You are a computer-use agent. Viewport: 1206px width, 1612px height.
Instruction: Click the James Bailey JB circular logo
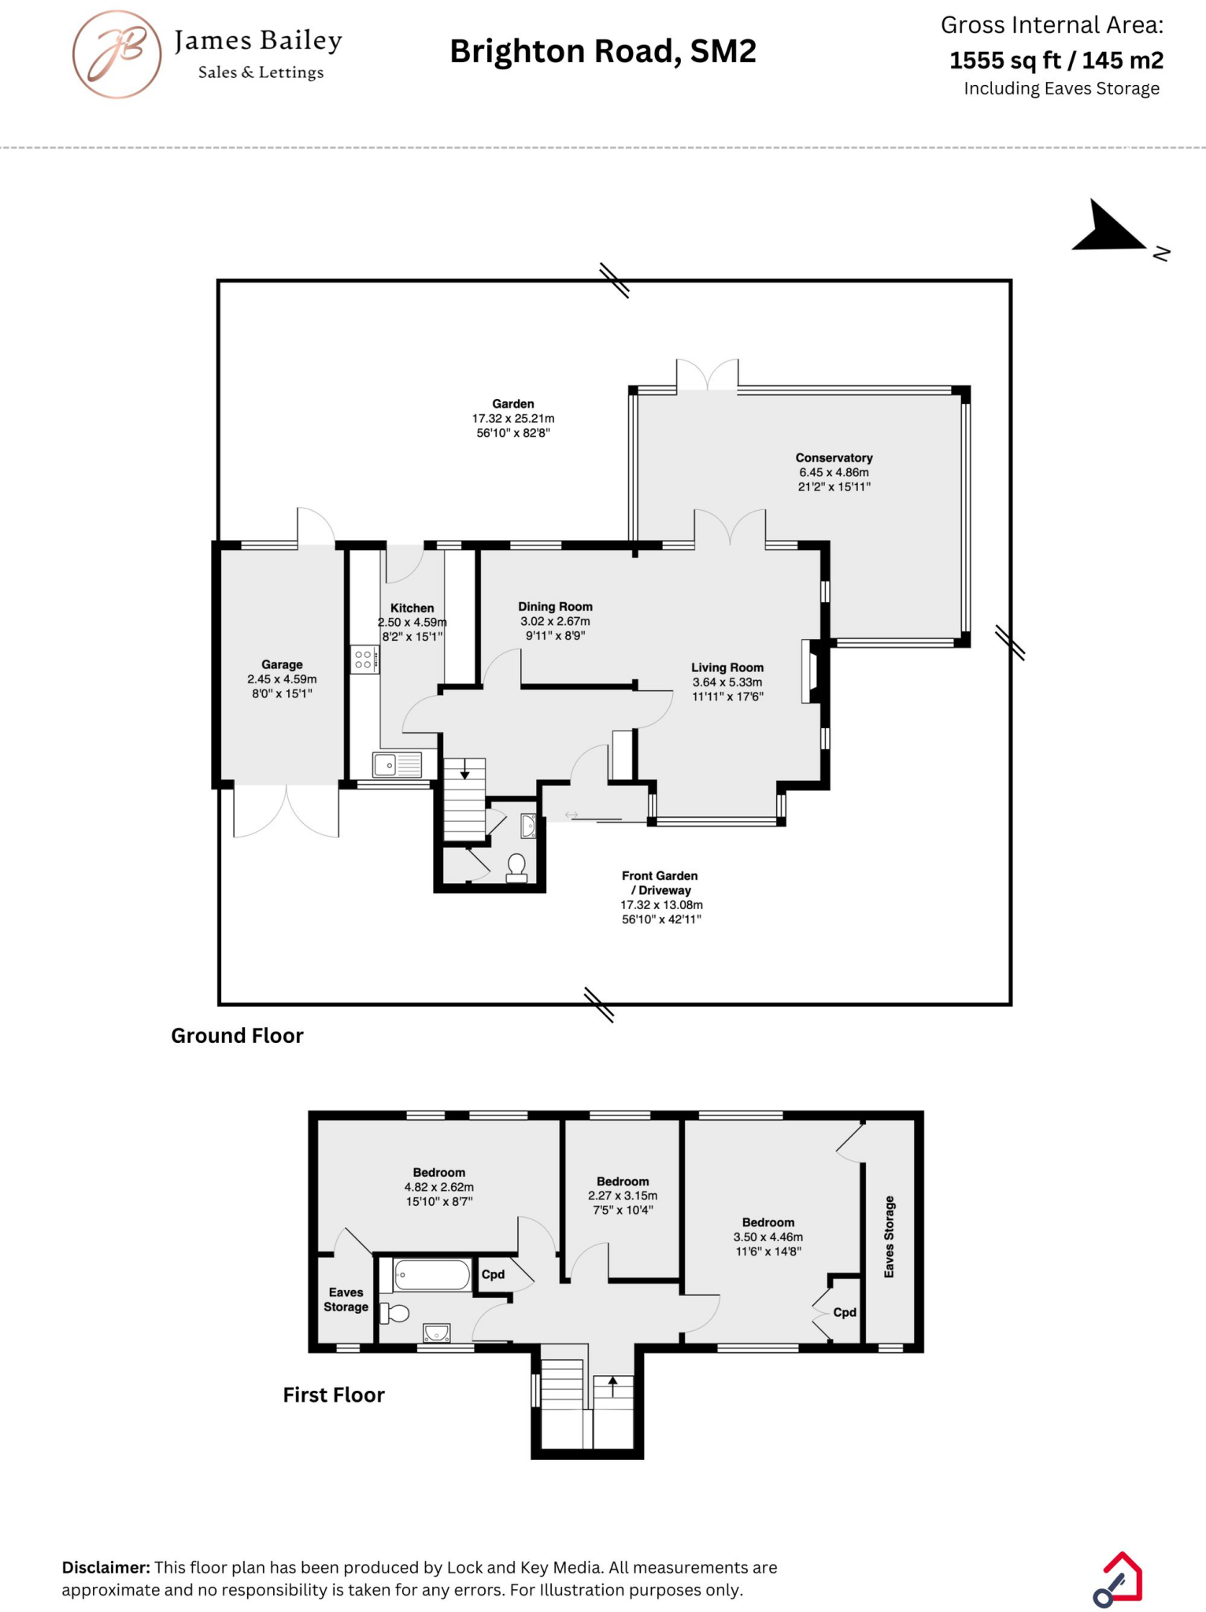point(117,54)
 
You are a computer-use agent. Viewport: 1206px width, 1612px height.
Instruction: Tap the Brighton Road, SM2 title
point(602,52)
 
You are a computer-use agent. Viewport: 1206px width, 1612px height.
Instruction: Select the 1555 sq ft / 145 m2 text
point(1056,60)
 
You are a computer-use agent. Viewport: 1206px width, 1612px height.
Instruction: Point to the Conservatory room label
point(834,458)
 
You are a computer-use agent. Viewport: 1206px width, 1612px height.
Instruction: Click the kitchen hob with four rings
point(364,660)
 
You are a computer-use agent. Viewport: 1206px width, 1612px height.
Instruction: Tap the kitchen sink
point(397,765)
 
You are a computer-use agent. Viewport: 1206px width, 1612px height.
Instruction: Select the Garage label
point(282,665)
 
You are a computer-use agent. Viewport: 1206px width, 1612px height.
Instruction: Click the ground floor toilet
point(516,868)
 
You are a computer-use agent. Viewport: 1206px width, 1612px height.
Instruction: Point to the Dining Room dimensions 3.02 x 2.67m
point(555,621)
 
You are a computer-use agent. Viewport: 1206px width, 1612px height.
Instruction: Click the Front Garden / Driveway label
point(660,882)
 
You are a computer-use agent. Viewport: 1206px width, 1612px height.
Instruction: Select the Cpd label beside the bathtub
point(493,1274)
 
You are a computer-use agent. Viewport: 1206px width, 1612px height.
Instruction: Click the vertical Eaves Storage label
point(890,1237)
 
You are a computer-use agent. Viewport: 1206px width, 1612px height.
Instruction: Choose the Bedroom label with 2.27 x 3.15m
point(623,1181)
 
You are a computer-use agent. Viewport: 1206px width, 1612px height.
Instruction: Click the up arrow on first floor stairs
point(612,1385)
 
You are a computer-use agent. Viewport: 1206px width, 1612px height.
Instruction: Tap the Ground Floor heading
point(237,1036)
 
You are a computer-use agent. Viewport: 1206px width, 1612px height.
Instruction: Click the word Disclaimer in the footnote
point(105,1567)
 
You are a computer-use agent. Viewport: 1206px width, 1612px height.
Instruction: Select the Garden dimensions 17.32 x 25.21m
point(513,419)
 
